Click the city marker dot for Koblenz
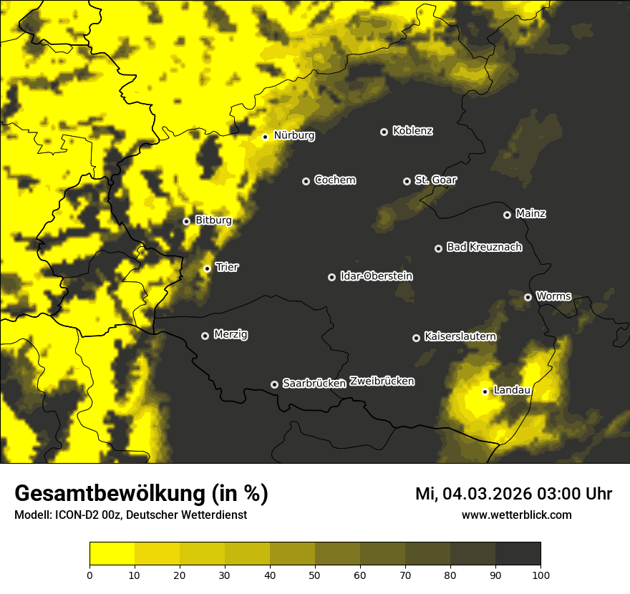384,132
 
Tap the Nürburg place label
294,135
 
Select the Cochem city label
334,180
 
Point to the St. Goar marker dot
407,181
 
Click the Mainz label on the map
530,213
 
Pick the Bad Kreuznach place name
484,247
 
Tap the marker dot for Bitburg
186,221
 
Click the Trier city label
227,267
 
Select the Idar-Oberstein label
376,276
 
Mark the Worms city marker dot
528,297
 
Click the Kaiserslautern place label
460,336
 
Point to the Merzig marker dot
205,336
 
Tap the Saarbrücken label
314,384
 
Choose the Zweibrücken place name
382,381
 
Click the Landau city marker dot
485,391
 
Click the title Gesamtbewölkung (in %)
141,494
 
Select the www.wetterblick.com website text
516,515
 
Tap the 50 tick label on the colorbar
315,574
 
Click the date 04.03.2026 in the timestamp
488,494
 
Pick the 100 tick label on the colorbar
541,574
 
